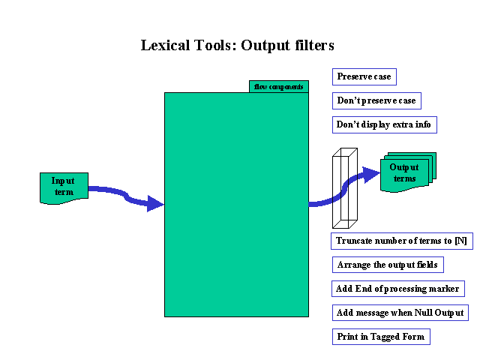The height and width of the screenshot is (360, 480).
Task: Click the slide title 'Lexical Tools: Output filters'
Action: tap(237, 45)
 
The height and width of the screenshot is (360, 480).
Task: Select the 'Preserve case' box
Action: tap(363, 76)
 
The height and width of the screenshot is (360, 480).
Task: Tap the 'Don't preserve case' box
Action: tap(376, 100)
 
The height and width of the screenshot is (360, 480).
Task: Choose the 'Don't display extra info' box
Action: tap(384, 124)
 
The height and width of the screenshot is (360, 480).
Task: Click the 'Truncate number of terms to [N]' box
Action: tap(401, 241)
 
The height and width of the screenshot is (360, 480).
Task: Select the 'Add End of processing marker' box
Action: tap(397, 289)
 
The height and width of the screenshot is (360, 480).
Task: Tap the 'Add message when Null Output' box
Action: tap(400, 313)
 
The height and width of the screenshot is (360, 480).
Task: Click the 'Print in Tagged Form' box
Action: tap(380, 337)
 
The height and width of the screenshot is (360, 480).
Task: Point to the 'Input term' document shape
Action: tap(64, 187)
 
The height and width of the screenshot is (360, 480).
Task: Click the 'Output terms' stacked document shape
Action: tap(406, 173)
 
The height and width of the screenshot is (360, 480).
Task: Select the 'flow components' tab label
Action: tap(278, 87)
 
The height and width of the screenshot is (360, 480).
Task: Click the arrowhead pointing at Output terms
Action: tap(371, 175)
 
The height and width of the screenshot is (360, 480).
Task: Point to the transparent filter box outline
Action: tap(346, 188)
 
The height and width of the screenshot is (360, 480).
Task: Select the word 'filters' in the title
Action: tap(313, 45)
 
